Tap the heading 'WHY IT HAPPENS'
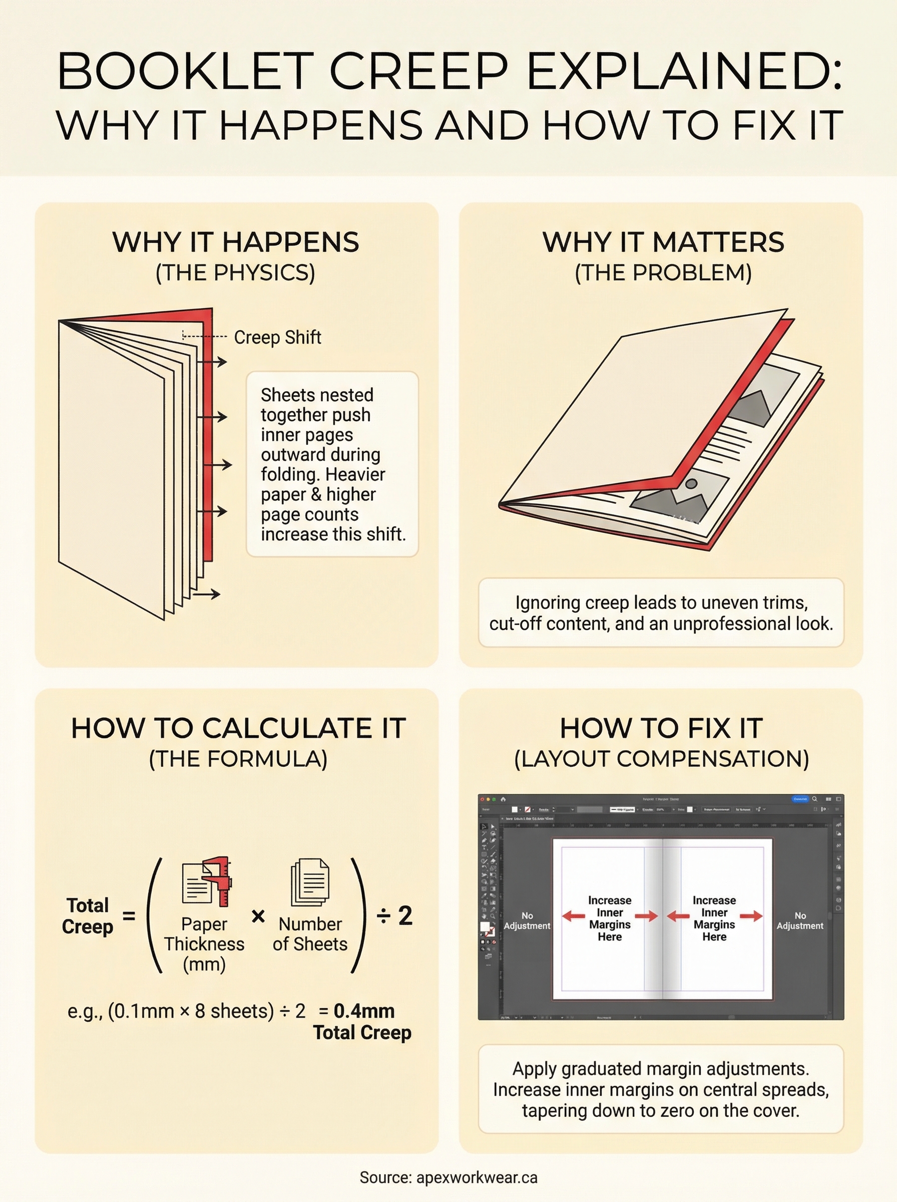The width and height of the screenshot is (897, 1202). (x=236, y=242)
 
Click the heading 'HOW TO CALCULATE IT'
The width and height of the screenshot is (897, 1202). (x=238, y=728)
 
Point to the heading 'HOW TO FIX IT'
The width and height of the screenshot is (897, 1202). (x=661, y=728)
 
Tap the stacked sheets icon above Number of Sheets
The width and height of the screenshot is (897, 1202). (x=310, y=882)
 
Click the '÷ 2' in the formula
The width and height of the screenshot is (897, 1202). (x=395, y=916)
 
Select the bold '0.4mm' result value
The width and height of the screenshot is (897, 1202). (x=364, y=1011)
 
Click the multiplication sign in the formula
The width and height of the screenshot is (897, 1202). (x=258, y=917)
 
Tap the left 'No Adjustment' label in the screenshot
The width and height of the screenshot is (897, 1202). (x=527, y=921)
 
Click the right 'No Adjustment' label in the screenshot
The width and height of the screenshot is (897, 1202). (x=800, y=921)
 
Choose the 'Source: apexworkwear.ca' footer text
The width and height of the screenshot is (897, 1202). (x=448, y=1177)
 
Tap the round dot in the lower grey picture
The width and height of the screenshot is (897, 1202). (x=691, y=483)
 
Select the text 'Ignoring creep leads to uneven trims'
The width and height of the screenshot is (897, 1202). (x=661, y=603)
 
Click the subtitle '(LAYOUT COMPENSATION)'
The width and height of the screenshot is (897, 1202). (x=661, y=759)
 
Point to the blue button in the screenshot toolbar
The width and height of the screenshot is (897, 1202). (x=800, y=799)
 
